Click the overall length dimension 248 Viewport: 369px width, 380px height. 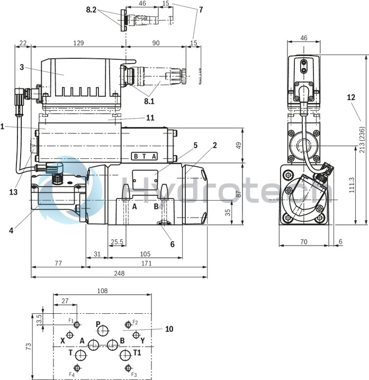tap(119, 273)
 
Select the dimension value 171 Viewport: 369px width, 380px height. tap(146, 263)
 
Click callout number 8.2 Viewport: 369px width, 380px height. tap(91, 10)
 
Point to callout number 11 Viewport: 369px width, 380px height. tap(150, 117)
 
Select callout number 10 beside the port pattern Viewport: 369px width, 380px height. tap(169, 329)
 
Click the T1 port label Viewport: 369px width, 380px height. tap(137, 352)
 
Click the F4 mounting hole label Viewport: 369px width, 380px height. tap(71, 374)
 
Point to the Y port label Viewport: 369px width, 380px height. tap(143, 340)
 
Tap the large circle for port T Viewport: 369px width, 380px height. tap(80, 354)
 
